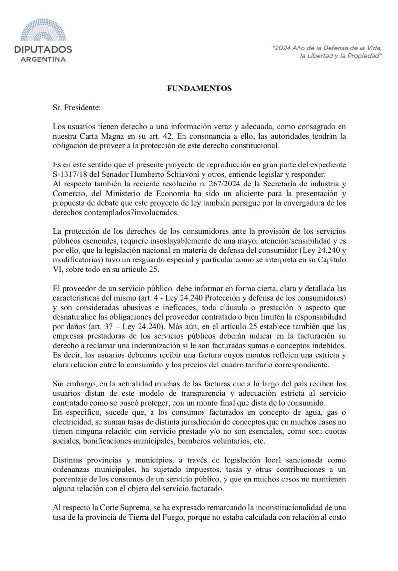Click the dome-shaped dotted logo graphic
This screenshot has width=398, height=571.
pos(43,31)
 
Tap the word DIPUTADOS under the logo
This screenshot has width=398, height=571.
pos(43,49)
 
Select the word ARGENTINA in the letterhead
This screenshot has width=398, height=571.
pos(43,59)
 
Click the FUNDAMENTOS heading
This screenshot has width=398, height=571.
pos(199,89)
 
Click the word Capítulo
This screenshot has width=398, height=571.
pos(332,260)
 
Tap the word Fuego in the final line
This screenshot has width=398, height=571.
pos(179,517)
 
